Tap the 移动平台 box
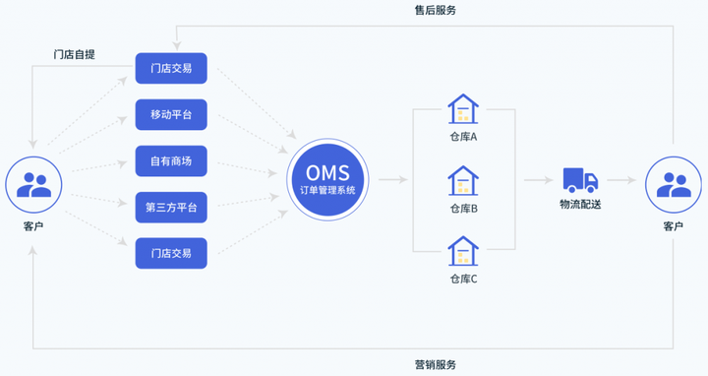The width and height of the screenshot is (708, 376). [x=171, y=115]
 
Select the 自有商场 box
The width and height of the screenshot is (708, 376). [x=171, y=161]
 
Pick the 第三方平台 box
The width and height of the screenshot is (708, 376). [x=171, y=208]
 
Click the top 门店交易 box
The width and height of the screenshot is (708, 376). [x=171, y=69]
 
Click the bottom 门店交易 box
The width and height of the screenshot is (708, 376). [x=171, y=254]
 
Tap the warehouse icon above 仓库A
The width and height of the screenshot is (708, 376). [x=462, y=109]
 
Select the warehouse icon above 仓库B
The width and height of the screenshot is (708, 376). [x=462, y=181]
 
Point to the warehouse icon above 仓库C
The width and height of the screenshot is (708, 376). [x=462, y=252]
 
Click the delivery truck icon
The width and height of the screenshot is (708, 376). [x=580, y=180]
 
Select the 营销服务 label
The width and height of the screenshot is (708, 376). [x=435, y=364]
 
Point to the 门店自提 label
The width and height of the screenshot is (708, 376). [x=75, y=53]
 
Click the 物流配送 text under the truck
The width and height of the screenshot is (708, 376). [x=580, y=205]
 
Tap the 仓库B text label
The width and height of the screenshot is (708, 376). [x=462, y=209]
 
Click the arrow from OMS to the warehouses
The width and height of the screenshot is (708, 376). [x=392, y=180]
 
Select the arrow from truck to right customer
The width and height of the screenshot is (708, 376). [x=620, y=180]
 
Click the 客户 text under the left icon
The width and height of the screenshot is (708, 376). [x=33, y=227]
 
